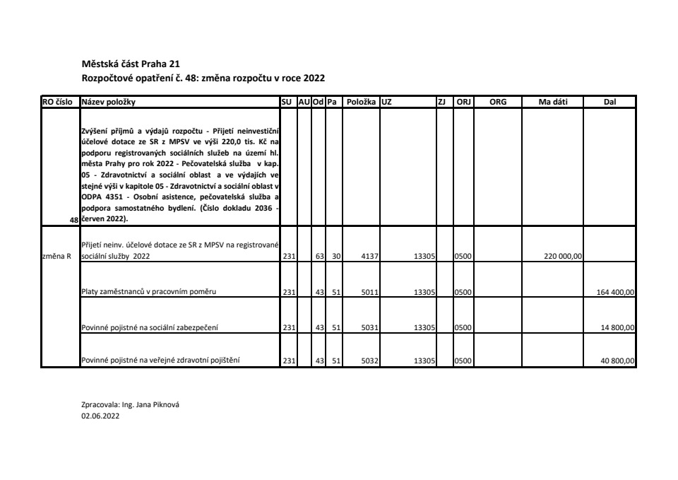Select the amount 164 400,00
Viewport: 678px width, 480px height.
[616, 291]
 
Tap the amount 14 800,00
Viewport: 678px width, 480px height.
[618, 327]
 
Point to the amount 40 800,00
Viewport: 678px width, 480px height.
[618, 361]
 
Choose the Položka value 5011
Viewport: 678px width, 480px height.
[368, 291]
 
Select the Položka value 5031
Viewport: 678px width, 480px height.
[368, 327]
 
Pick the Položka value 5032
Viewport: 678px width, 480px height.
[368, 361]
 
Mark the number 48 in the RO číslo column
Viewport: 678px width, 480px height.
[73, 221]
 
